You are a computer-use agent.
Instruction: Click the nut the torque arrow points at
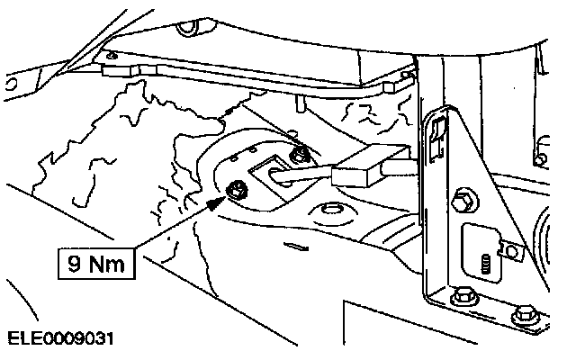pyautogui.click(x=238, y=189)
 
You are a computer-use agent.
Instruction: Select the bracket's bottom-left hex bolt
pyautogui.click(x=463, y=294)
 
